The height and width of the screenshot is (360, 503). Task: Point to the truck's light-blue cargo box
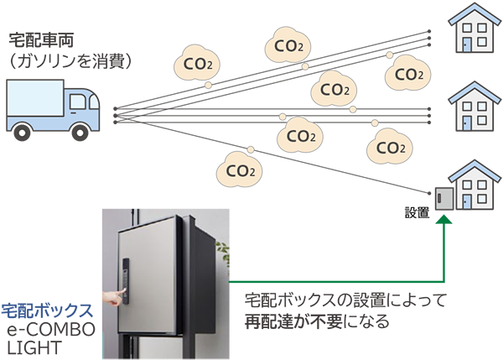(35, 99)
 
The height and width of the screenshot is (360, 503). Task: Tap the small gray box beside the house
(443, 198)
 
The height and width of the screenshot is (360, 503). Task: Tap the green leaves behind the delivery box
(223, 248)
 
